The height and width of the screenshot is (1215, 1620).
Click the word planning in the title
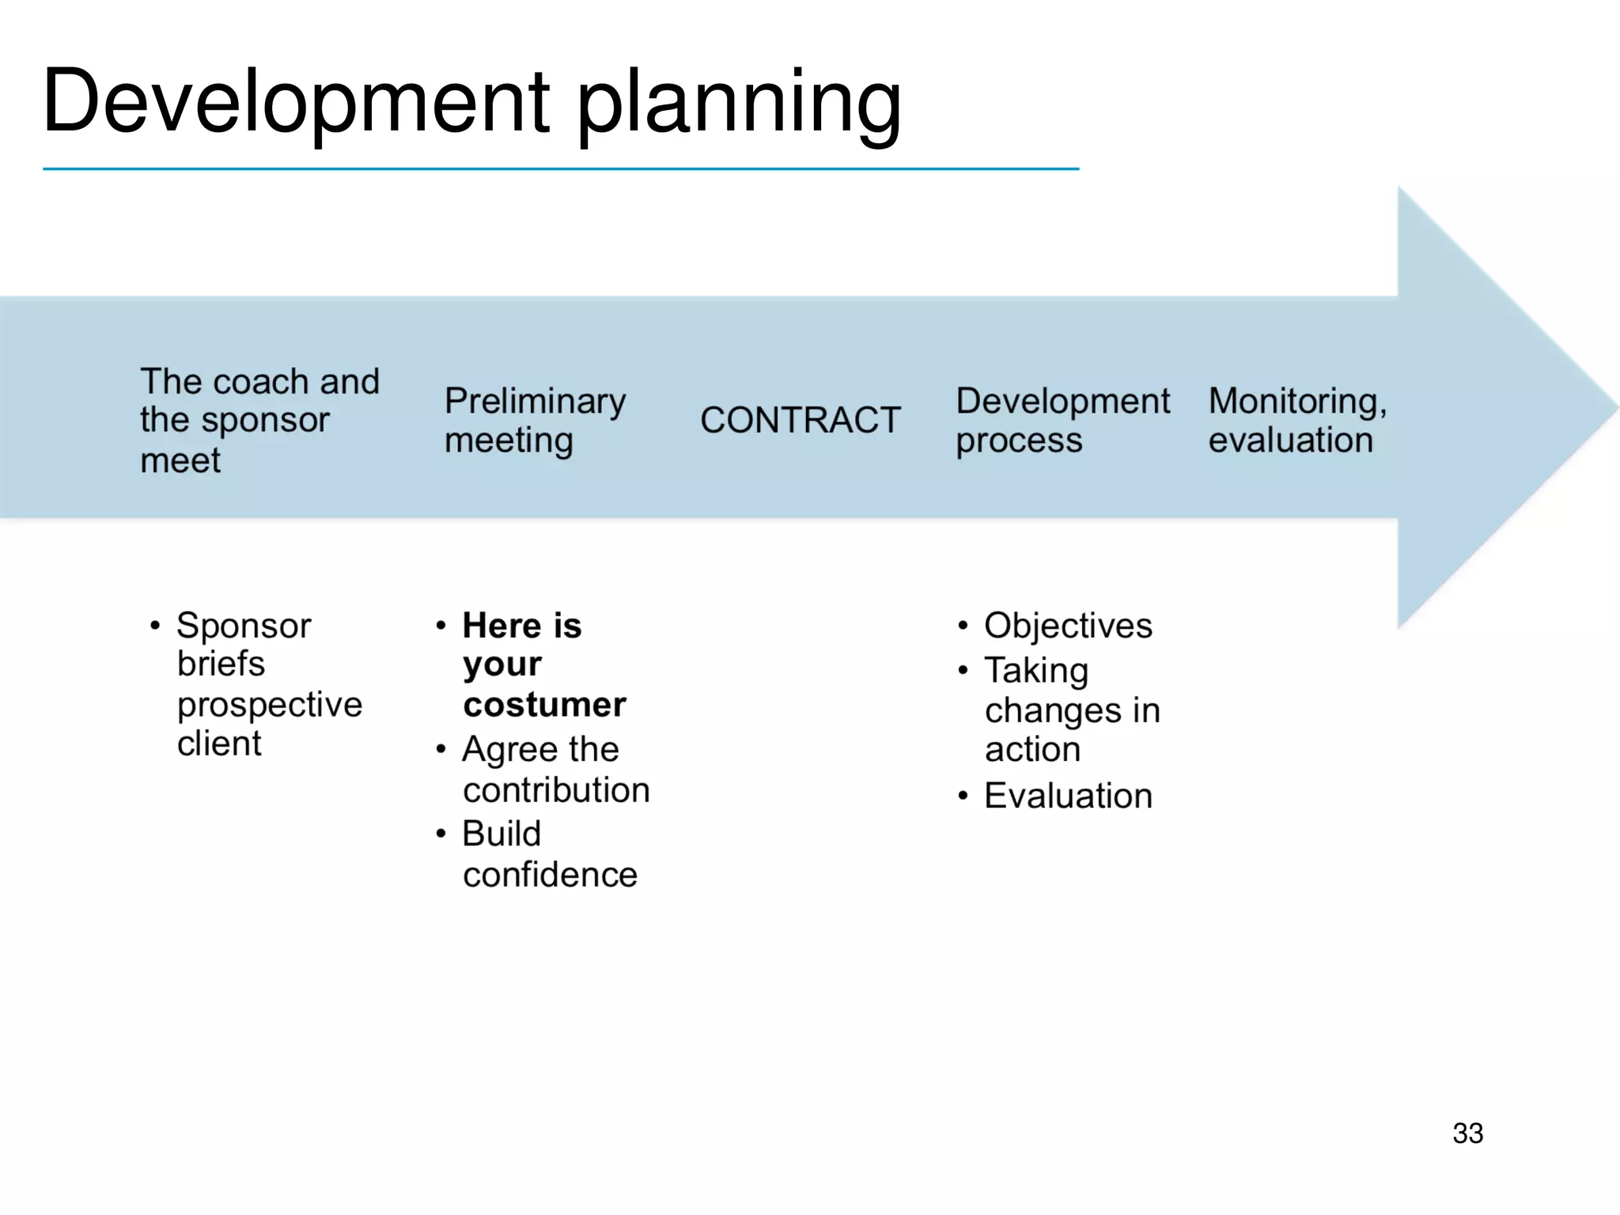pos(740,104)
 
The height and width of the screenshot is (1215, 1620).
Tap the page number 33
pos(1467,1133)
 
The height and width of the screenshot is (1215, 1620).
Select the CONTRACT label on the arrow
pos(800,420)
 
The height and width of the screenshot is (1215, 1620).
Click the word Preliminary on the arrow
pos(535,402)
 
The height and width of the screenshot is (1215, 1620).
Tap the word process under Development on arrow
pos(1018,441)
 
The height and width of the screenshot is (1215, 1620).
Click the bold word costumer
pos(544,704)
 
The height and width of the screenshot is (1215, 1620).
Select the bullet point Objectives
pos(1068,626)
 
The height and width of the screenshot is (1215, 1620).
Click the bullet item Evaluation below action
pos(1068,796)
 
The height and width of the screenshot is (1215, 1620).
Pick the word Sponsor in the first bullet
pos(244,626)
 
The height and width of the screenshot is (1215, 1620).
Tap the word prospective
pos(270,705)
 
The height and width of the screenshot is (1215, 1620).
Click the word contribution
pos(556,790)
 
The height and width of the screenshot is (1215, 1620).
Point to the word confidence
pos(550,875)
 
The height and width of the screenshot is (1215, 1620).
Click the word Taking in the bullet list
pos(1036,671)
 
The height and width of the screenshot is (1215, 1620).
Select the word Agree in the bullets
pos(508,750)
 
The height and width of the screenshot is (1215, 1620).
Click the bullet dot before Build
pos(441,833)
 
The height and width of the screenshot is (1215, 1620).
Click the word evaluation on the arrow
pos(1290,441)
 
